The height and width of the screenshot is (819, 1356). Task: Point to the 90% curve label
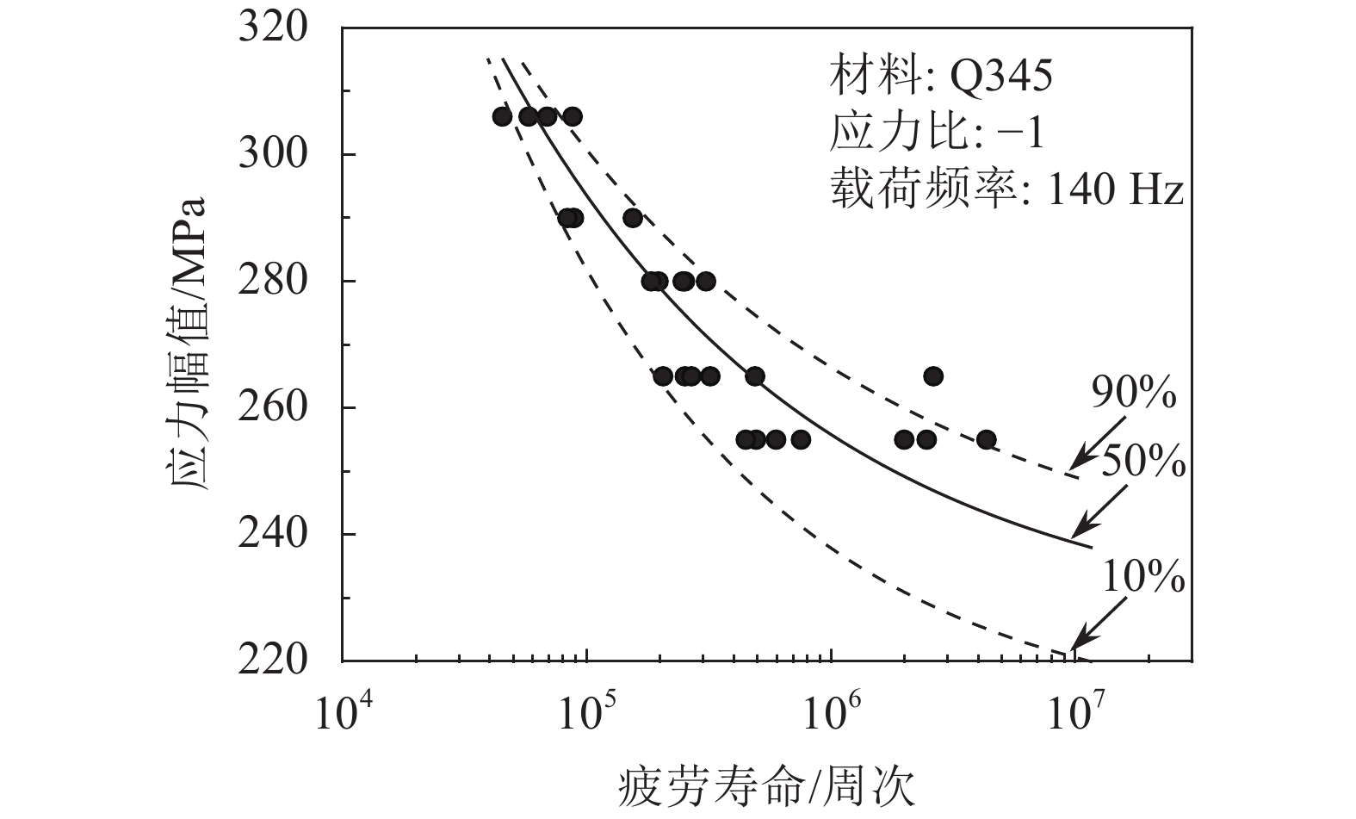(1134, 394)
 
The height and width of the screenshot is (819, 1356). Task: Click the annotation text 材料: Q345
(940, 78)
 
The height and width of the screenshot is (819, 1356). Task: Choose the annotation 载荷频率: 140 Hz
(1006, 190)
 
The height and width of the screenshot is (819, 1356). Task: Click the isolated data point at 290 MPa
(633, 218)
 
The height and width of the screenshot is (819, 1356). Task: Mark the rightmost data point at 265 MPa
(933, 376)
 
